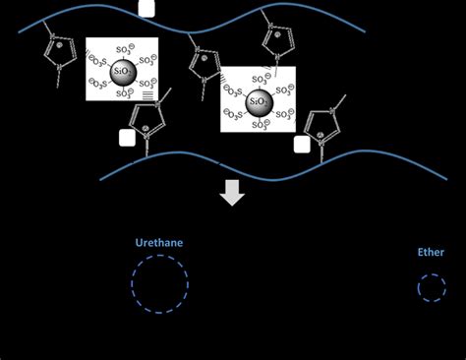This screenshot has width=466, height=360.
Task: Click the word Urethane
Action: coord(159,242)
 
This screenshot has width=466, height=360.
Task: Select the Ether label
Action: coord(431,253)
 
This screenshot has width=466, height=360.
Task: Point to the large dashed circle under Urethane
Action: coord(159,285)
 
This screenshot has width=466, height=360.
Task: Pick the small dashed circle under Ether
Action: coord(431,288)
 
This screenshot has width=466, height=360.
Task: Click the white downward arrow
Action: coord(232,192)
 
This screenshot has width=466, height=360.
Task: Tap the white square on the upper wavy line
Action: coord(146,9)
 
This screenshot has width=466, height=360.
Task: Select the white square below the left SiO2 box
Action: coord(127,138)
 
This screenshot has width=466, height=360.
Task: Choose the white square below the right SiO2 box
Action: coord(302,145)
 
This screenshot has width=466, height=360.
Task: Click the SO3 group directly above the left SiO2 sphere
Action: coord(121,46)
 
